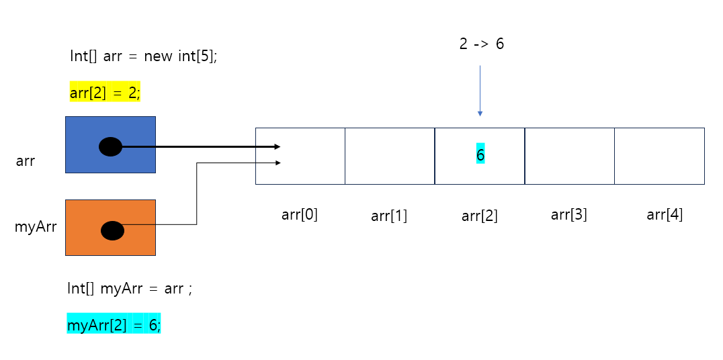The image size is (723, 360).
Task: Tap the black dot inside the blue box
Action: (111, 146)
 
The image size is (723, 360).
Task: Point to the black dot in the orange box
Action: (112, 230)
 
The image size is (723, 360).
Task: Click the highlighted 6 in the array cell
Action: (480, 155)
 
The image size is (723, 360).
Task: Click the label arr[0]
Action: (300, 215)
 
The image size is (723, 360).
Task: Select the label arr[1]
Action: (389, 216)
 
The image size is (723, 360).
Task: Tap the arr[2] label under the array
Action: (480, 216)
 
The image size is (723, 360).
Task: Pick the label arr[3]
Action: (569, 215)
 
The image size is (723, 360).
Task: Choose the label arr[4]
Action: (665, 215)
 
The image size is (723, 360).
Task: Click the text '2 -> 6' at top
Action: (481, 45)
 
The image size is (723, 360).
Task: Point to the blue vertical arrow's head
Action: (480, 114)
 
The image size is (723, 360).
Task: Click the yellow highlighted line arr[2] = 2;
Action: (105, 93)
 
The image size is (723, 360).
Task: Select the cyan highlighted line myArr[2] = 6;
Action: (114, 325)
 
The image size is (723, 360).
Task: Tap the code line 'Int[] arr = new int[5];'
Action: (143, 56)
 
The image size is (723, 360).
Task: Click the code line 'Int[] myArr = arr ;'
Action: (130, 289)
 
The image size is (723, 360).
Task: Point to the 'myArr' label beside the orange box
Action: (36, 228)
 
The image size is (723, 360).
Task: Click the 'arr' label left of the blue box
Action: (25, 162)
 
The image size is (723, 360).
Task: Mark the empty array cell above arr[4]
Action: (659, 156)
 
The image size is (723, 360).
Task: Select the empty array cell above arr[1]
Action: (390, 156)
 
